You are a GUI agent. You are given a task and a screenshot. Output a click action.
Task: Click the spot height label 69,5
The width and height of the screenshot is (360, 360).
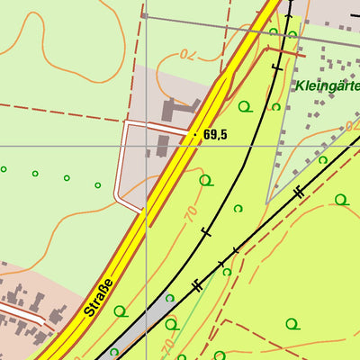point(215,135)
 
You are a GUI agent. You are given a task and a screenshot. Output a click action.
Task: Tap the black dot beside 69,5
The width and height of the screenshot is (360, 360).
point(195,135)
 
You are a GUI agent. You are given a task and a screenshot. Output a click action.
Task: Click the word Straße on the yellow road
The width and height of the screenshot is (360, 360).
point(100,298)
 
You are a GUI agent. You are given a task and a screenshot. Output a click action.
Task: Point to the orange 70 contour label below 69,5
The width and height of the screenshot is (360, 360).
point(191,214)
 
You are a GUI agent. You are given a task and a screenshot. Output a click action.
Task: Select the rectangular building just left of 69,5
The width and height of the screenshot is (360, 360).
point(163,146)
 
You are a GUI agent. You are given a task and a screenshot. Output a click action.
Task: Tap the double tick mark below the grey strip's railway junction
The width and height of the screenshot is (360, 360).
point(196,285)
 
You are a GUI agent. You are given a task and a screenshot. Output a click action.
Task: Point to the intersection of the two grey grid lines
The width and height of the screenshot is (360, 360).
point(147,145)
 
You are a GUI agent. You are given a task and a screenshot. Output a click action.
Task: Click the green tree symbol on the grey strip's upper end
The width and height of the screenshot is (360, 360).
point(169,298)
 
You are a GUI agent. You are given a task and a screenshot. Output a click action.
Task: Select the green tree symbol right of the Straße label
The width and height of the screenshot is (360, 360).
point(121,311)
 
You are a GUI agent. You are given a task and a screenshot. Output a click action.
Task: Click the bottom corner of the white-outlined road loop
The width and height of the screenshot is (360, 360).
point(141,211)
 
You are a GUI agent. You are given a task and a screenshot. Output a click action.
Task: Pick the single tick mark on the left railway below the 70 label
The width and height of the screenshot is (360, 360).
point(207,233)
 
